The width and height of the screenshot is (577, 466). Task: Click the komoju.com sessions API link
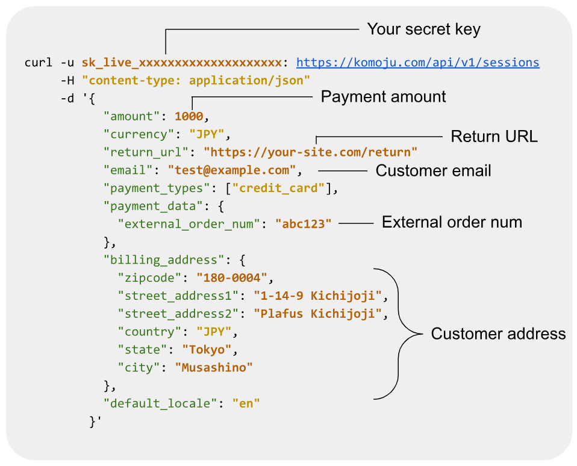(x=417, y=63)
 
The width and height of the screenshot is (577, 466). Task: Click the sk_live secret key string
(x=181, y=63)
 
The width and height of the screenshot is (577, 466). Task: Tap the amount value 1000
(x=189, y=116)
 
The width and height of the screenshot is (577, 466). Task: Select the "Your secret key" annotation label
(x=423, y=29)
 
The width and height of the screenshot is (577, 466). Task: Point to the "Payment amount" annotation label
(x=383, y=96)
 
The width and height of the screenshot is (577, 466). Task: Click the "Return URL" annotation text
(x=494, y=137)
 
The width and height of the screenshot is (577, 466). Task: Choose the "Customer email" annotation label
(x=433, y=171)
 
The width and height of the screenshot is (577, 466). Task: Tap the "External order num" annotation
(x=452, y=223)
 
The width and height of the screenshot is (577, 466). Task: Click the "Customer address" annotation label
(x=498, y=334)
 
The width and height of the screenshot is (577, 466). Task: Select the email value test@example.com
(x=232, y=170)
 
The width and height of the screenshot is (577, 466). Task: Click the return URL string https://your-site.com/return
(x=310, y=152)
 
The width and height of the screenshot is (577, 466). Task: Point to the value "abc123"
(x=304, y=224)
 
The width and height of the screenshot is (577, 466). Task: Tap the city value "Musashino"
(x=214, y=367)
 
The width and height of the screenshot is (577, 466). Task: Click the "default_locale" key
(x=160, y=403)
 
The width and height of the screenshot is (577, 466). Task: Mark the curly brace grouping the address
(x=401, y=333)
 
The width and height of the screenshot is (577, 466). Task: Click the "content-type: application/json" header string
(x=196, y=80)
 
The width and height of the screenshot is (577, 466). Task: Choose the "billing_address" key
(x=160, y=260)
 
